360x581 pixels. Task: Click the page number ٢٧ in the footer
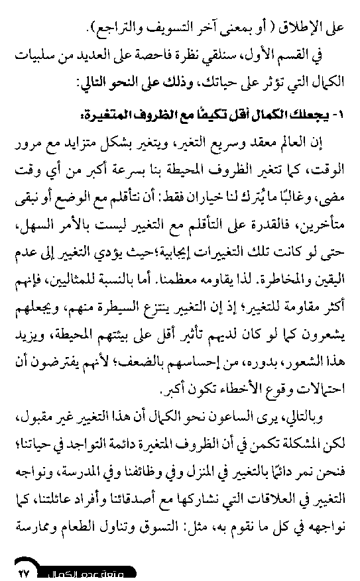25,569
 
